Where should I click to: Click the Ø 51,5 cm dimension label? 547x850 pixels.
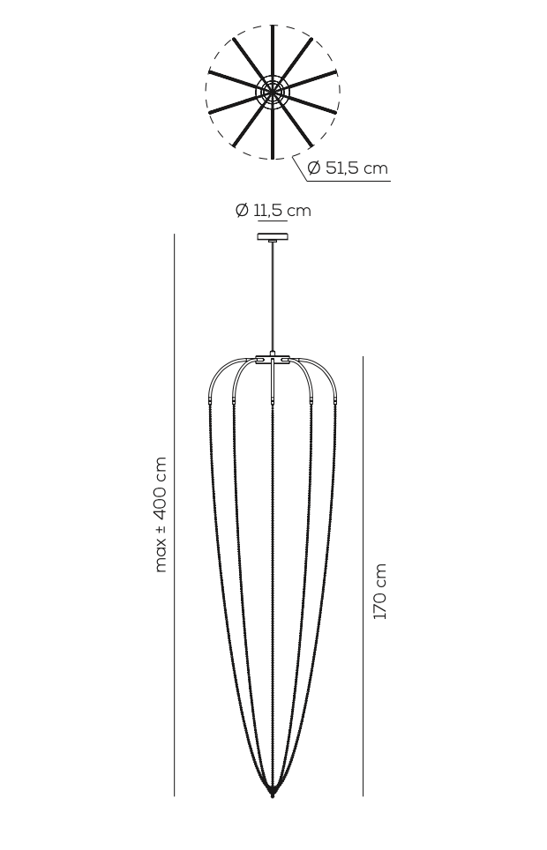(348, 168)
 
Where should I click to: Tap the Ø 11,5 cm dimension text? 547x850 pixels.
(273, 211)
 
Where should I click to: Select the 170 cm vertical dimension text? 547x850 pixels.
(380, 592)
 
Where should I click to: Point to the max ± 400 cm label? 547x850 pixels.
(160, 514)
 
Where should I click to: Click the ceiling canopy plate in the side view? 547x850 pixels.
(273, 236)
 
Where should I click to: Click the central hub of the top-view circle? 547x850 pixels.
(273, 91)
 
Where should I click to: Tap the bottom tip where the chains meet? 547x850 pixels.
(273, 793)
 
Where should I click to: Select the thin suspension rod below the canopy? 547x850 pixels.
(273, 295)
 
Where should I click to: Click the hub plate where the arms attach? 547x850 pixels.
(273, 359)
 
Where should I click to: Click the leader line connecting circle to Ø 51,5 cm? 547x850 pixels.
(300, 167)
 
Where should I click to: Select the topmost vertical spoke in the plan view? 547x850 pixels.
(273, 48)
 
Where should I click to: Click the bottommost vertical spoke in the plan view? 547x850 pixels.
(273, 132)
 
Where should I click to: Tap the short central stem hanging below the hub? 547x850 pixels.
(273, 384)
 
